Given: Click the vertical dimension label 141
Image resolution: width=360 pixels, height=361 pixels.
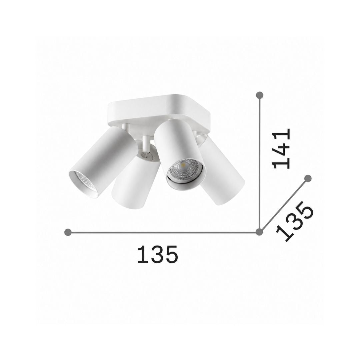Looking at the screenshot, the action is coord(281,148).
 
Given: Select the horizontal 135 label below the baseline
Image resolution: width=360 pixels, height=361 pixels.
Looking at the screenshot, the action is coord(158,254).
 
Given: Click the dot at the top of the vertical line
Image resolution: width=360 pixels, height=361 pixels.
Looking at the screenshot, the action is coord(260,95).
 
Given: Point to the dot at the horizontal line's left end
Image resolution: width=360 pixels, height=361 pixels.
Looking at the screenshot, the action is coord(68,233).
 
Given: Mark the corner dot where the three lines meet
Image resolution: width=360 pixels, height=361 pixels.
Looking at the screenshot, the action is coord(259,232).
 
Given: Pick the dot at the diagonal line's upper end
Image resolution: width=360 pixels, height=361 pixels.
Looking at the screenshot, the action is coord(308,178).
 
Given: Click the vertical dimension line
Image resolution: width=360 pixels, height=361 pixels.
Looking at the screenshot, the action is coord(260,163).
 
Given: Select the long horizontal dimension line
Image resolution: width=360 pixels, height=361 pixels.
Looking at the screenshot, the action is coord(164,233).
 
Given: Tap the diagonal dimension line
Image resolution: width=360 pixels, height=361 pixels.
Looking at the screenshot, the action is coord(284,205).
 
